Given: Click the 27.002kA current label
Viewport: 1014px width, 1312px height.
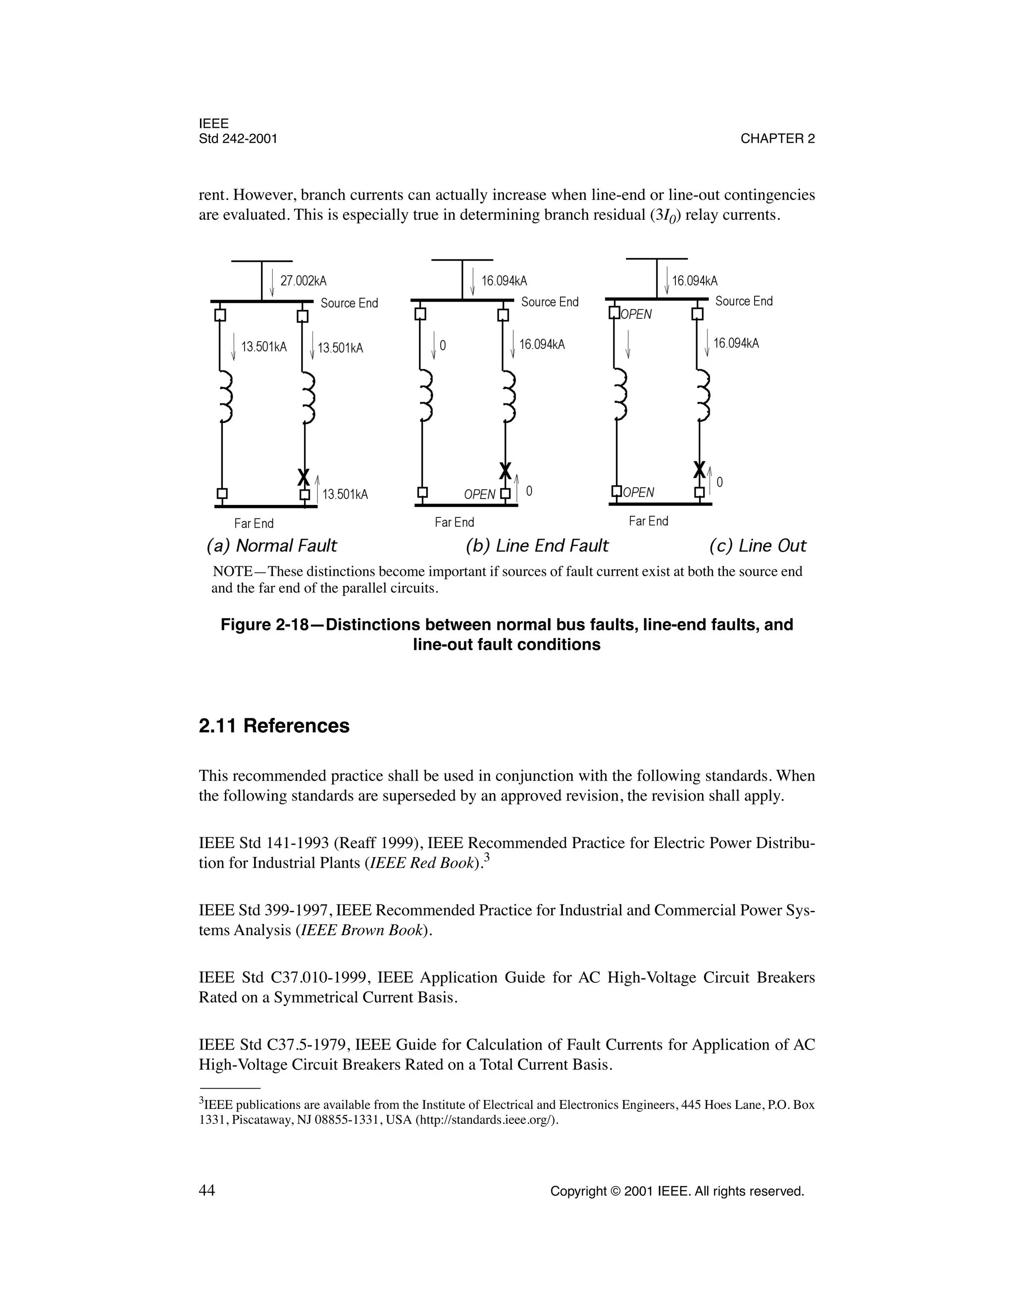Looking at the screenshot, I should tap(304, 281).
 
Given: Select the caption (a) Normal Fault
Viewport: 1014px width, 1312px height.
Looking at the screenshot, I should tap(271, 546).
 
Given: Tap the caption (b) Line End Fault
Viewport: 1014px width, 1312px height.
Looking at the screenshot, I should tap(536, 546).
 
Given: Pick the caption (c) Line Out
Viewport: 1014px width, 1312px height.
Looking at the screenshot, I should tap(757, 546).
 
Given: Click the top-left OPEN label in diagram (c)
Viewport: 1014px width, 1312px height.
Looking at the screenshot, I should tap(636, 314).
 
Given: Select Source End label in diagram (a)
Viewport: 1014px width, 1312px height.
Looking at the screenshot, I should tap(349, 303).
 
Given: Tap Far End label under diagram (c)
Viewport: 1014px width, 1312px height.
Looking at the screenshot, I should tap(648, 521).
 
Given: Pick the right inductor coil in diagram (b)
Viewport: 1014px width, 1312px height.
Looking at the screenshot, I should tap(510, 397).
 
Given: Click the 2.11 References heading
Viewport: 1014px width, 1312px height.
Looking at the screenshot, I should tap(274, 726).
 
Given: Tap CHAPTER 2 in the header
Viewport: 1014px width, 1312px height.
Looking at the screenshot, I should tap(777, 139).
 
